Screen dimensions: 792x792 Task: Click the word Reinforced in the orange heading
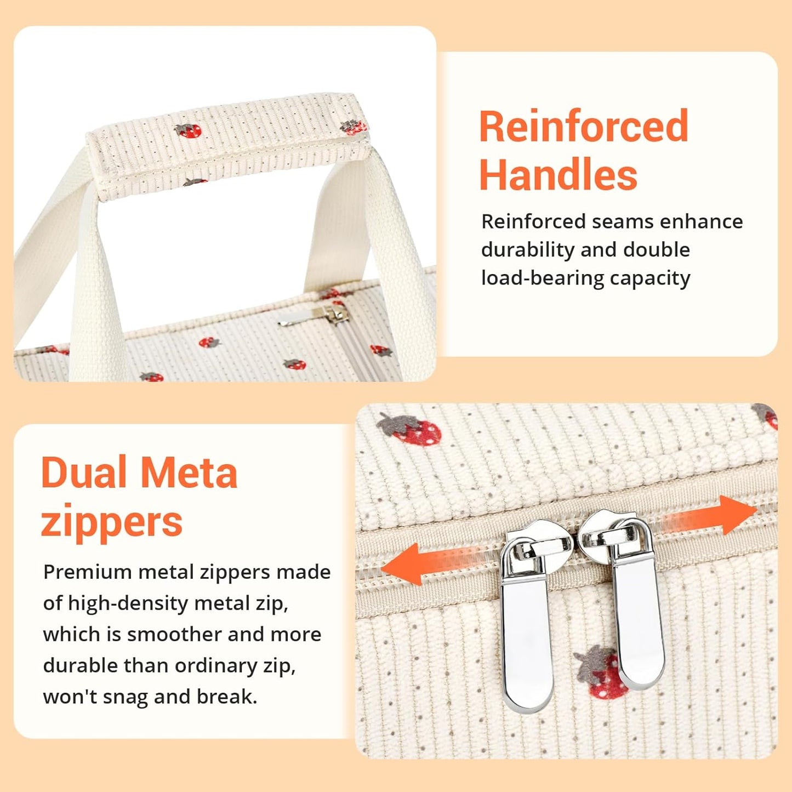coord(584,126)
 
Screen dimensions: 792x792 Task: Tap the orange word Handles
coord(558,175)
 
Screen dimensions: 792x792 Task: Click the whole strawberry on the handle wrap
coord(188,130)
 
